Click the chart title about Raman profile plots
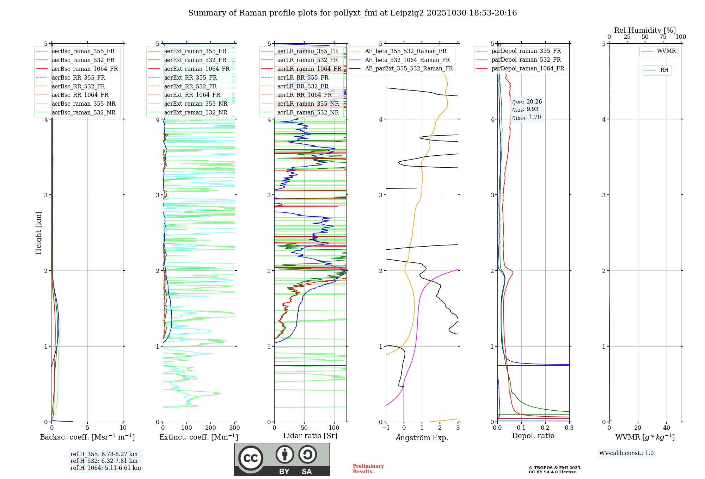coord(352,13)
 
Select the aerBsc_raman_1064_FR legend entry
coord(85,69)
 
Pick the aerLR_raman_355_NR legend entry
coord(308,104)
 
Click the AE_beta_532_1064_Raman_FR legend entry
coord(407,60)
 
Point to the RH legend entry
coord(664,70)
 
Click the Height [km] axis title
coord(38,233)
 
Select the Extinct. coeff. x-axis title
coord(199,437)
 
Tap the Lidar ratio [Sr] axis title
coord(310,436)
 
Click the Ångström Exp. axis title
coord(422,438)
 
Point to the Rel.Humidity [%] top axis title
coord(645,30)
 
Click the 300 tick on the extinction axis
coord(234,428)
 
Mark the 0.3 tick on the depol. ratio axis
coord(569,428)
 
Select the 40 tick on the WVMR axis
coord(666,428)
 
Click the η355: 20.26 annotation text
coord(527,102)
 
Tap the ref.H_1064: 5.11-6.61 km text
coord(105,468)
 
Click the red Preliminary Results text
coord(368,469)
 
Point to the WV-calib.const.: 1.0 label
coord(626,453)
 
